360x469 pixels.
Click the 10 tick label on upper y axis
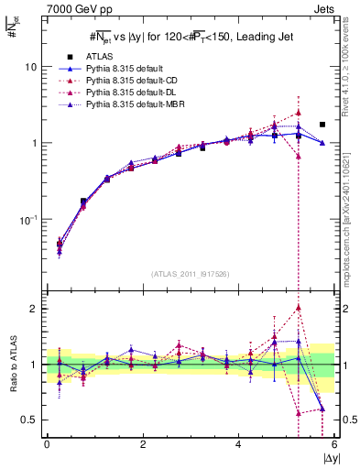(x=29, y=68)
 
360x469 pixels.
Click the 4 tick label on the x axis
(x=239, y=444)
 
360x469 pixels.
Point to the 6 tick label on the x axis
(x=334, y=444)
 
